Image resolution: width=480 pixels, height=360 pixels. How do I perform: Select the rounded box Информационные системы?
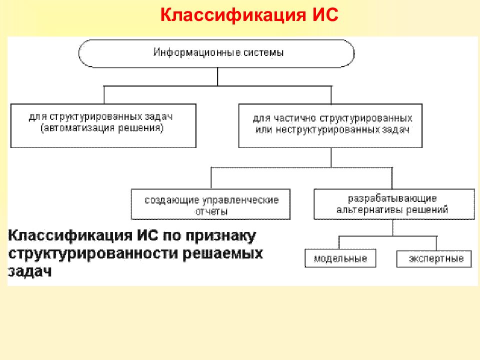(217, 53)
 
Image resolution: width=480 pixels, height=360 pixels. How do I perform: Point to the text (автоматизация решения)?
(102, 128)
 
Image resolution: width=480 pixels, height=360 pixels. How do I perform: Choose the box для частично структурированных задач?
(330, 125)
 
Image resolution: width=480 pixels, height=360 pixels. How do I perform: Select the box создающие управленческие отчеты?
(210, 204)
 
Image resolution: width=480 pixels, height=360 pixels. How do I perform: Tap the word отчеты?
(211, 211)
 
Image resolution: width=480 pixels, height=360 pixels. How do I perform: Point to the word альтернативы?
(368, 210)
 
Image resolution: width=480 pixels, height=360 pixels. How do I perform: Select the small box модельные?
(340, 258)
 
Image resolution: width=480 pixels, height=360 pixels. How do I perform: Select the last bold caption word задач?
(30, 271)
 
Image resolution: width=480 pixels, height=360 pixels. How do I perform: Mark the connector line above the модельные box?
(340, 243)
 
